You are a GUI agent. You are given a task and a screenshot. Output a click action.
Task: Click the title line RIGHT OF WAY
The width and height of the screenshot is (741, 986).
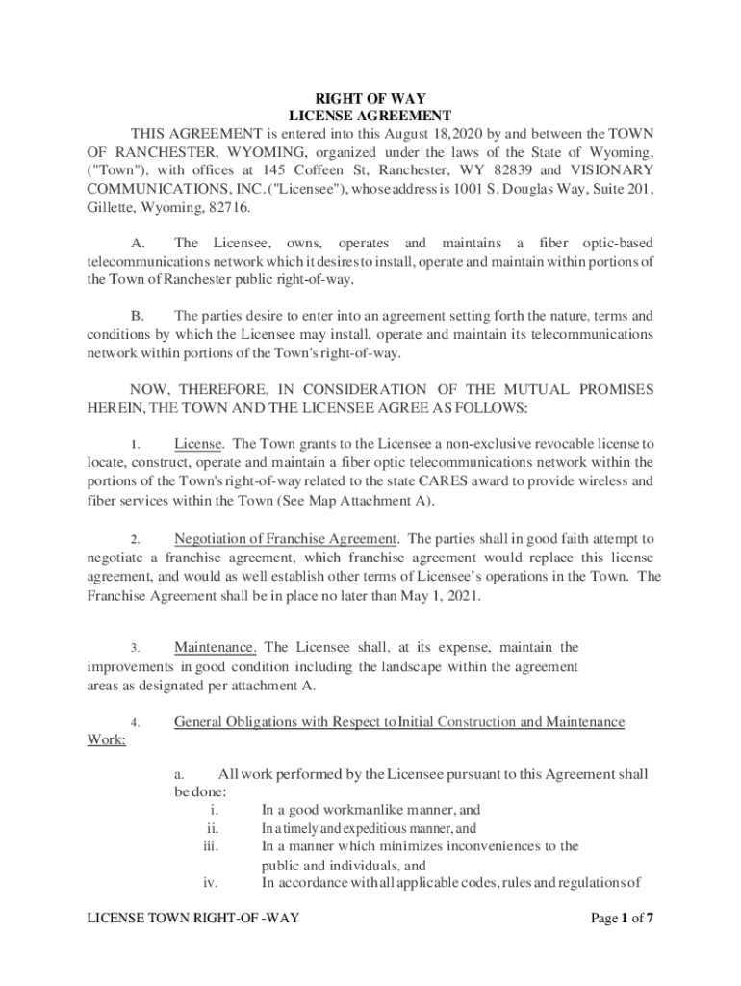click(x=370, y=98)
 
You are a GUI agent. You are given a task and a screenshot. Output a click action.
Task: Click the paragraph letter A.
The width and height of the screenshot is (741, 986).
click(x=137, y=244)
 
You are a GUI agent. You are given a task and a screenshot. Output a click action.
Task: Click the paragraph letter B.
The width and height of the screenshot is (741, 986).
click(x=137, y=316)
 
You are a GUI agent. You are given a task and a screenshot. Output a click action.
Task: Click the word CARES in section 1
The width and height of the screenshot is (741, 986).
click(x=432, y=480)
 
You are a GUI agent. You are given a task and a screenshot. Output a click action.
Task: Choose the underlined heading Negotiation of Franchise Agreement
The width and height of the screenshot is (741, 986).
click(x=286, y=538)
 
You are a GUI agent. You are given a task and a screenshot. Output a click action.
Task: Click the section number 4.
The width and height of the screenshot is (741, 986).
click(x=137, y=722)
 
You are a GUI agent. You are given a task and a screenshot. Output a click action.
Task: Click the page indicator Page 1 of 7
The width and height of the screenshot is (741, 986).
click(x=623, y=918)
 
